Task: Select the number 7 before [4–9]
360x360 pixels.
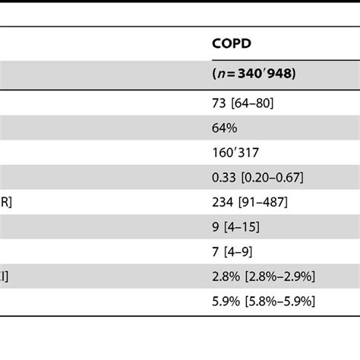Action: (x=216, y=251)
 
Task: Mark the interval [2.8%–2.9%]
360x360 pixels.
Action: (x=279, y=276)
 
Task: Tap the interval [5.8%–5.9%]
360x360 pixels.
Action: (x=279, y=301)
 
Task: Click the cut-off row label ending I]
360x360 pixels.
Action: (x=5, y=276)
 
